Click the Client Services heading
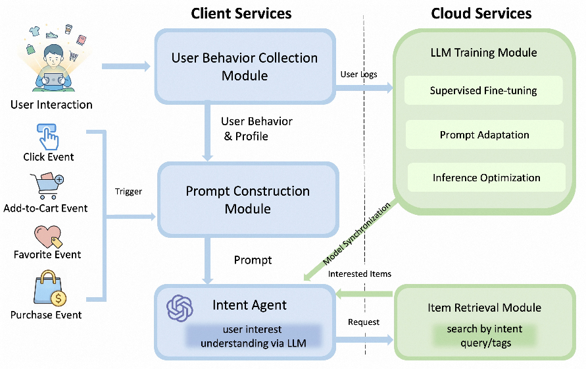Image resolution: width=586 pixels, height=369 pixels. tap(241, 13)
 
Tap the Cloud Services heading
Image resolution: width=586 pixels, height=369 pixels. tap(481, 13)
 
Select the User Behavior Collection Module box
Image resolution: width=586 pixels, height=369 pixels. tap(245, 67)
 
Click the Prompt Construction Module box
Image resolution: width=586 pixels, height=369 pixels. tap(248, 200)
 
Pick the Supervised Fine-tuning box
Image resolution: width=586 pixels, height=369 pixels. tap(483, 90)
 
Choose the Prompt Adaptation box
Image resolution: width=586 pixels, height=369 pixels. tap(484, 134)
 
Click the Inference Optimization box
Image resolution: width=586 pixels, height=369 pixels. tap(486, 177)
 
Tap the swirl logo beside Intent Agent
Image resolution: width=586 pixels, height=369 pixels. tap(180, 308)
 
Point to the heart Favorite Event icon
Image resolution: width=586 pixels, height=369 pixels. tap(48, 237)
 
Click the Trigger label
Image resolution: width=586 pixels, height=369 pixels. tap(128, 192)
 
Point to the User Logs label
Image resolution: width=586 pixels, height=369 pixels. tap(359, 74)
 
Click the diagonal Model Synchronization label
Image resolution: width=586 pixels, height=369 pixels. tap(356, 233)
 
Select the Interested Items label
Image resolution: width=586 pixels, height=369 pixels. tap(360, 274)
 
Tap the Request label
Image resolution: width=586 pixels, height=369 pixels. tap(364, 322)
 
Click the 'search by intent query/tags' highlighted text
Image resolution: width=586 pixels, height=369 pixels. tap(485, 335)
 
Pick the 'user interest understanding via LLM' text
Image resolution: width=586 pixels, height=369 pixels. tap(253, 336)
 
